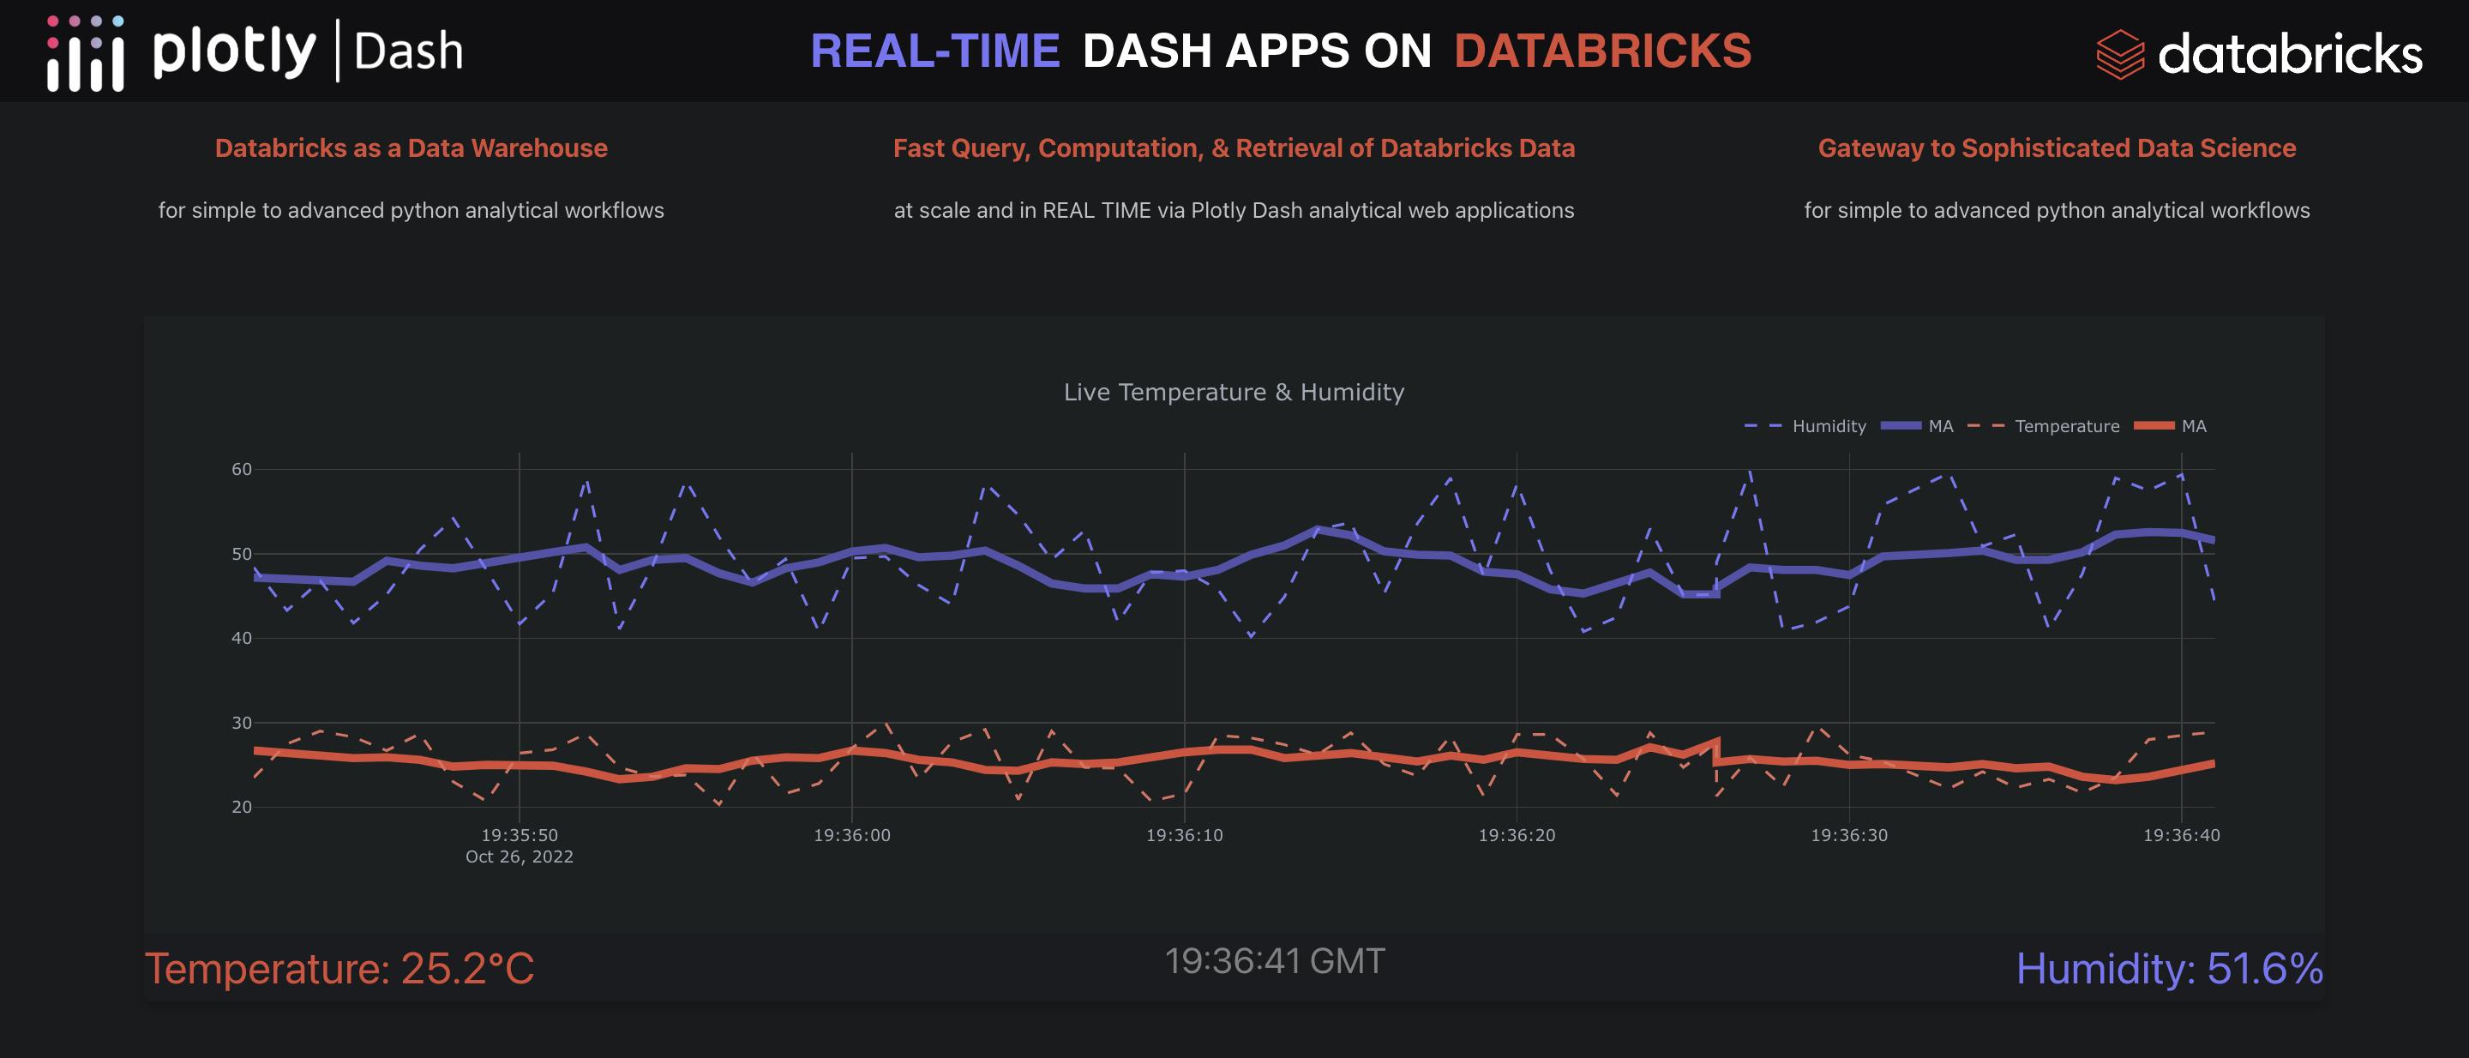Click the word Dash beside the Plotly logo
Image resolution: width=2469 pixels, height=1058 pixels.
click(x=408, y=51)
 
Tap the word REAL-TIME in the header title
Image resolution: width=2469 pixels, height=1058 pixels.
click(x=934, y=51)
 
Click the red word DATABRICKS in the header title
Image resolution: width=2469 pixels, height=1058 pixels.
click(x=1602, y=51)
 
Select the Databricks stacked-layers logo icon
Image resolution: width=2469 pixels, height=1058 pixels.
click(x=2119, y=55)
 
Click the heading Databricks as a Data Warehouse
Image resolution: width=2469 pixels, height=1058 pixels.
click(x=411, y=147)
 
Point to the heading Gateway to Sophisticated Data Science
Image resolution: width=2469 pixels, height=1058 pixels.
click(x=2057, y=147)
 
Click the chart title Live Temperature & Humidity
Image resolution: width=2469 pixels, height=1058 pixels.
click(x=1234, y=392)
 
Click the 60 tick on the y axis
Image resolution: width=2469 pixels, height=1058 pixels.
click(x=242, y=470)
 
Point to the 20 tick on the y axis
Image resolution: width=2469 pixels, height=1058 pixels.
click(x=242, y=807)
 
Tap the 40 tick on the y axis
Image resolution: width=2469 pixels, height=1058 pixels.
click(x=242, y=638)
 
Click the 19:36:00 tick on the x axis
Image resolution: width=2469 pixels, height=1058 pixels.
click(x=852, y=836)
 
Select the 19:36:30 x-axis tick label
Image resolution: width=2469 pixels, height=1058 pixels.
click(x=1849, y=836)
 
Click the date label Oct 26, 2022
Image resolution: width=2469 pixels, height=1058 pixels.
click(x=520, y=857)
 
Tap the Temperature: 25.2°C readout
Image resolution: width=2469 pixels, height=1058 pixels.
click(x=339, y=969)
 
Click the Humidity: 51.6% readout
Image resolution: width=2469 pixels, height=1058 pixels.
click(x=2169, y=969)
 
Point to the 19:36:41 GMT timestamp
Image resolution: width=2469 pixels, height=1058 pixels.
click(x=1275, y=961)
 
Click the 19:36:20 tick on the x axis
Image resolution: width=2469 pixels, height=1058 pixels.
click(x=1517, y=836)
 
